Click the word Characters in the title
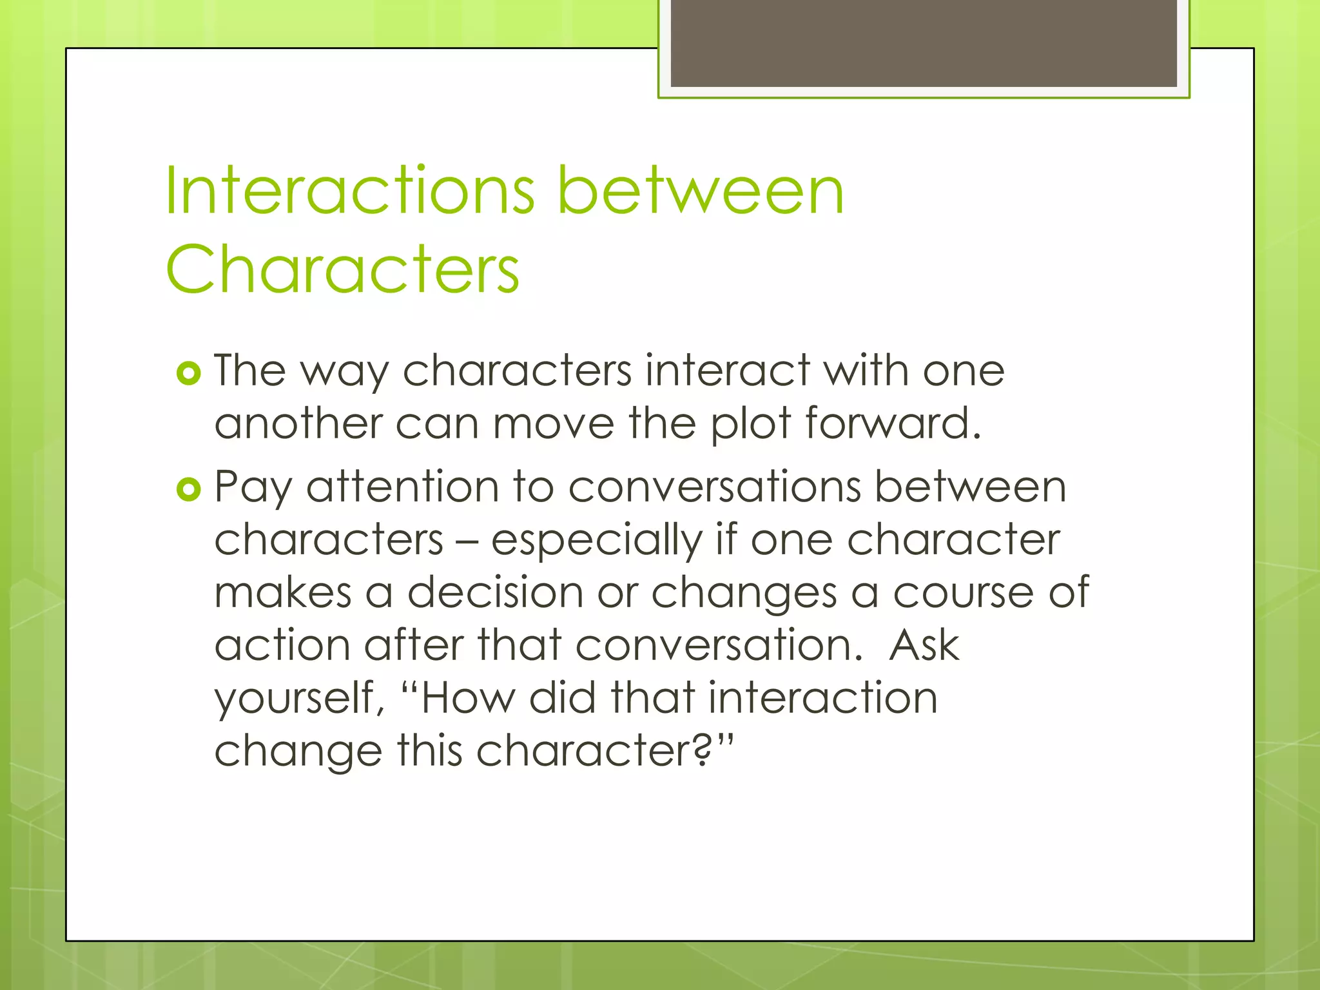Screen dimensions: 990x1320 click(342, 269)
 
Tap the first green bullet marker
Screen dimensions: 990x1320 click(188, 373)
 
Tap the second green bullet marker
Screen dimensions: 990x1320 click(188, 490)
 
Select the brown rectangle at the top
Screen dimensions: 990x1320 click(924, 43)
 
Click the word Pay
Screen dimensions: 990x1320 click(253, 489)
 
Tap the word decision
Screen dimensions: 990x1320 click(495, 592)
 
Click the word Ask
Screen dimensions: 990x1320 click(924, 645)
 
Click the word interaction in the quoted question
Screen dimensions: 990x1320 click(822, 698)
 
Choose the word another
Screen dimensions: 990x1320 click(298, 424)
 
